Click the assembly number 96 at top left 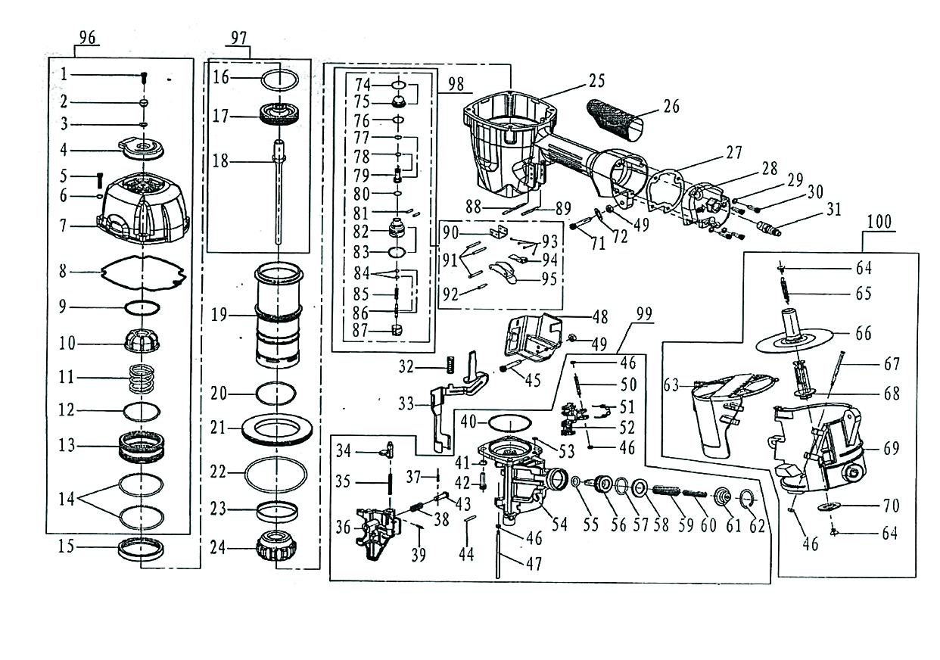[x=89, y=40]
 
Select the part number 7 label [x=65, y=226]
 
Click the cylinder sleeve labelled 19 [x=278, y=313]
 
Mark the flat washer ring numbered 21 [x=278, y=429]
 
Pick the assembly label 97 [x=240, y=40]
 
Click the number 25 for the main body [x=597, y=80]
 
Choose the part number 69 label [x=892, y=449]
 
